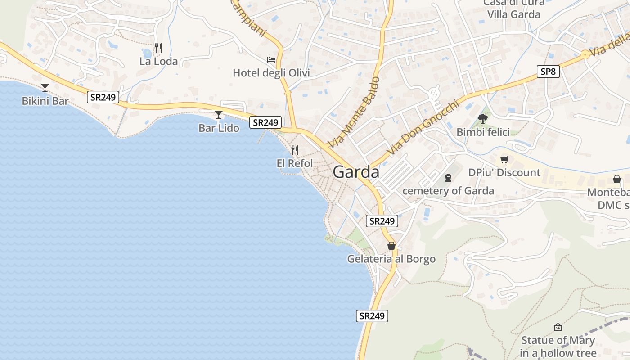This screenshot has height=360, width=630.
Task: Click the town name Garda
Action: click(x=356, y=172)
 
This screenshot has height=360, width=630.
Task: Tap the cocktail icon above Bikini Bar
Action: click(x=45, y=87)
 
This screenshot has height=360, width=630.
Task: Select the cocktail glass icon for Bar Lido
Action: click(x=219, y=115)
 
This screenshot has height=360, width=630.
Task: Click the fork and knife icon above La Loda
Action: click(x=158, y=48)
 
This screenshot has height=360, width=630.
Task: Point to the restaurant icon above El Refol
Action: click(x=295, y=150)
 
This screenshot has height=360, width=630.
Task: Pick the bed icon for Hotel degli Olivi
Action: click(x=271, y=59)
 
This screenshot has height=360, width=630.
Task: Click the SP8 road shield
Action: click(x=548, y=71)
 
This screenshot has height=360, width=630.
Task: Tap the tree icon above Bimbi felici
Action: click(x=483, y=119)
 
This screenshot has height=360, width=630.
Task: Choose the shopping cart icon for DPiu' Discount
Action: click(x=504, y=159)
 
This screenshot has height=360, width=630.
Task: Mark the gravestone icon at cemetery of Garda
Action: click(x=448, y=178)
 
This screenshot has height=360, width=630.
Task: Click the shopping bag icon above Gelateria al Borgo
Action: click(x=391, y=246)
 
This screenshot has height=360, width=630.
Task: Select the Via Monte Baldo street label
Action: click(x=354, y=112)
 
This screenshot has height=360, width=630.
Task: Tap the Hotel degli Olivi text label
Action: click(x=271, y=73)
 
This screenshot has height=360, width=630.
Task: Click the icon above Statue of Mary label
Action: click(x=558, y=327)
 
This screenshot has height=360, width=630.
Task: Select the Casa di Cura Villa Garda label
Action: click(x=514, y=9)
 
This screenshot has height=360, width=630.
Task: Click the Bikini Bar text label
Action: click(x=45, y=101)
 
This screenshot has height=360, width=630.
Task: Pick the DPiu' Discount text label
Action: click(x=504, y=173)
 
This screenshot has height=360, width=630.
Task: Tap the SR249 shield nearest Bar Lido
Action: click(x=265, y=122)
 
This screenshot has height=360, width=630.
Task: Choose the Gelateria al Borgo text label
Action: click(x=391, y=259)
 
